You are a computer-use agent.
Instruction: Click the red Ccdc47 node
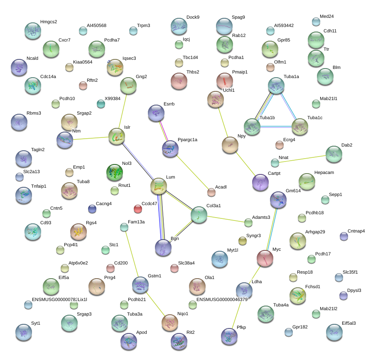pos(138,209)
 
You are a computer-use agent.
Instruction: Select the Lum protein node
pos(159,186)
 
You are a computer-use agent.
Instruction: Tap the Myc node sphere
pos(265,258)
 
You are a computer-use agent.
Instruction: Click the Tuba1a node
pos(276,86)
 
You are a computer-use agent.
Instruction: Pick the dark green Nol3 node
pos(115,173)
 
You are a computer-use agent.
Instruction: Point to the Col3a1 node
pos(199,215)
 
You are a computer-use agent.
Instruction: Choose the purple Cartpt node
pos(260,183)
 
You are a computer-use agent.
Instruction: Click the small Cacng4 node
pos(92,209)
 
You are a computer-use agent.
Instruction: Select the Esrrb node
pos(156,113)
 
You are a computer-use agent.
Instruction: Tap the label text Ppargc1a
pos(187,140)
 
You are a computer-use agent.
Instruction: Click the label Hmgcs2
pos(49,22)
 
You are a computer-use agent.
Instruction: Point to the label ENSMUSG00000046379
pos(222,300)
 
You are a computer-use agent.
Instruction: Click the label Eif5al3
pos(349,323)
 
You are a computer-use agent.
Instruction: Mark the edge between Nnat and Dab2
pos(302,159)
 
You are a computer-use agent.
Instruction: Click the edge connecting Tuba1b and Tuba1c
pos(276,127)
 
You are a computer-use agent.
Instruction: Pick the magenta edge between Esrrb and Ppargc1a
pos(164,131)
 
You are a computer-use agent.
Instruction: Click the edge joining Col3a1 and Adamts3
pos(226,219)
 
